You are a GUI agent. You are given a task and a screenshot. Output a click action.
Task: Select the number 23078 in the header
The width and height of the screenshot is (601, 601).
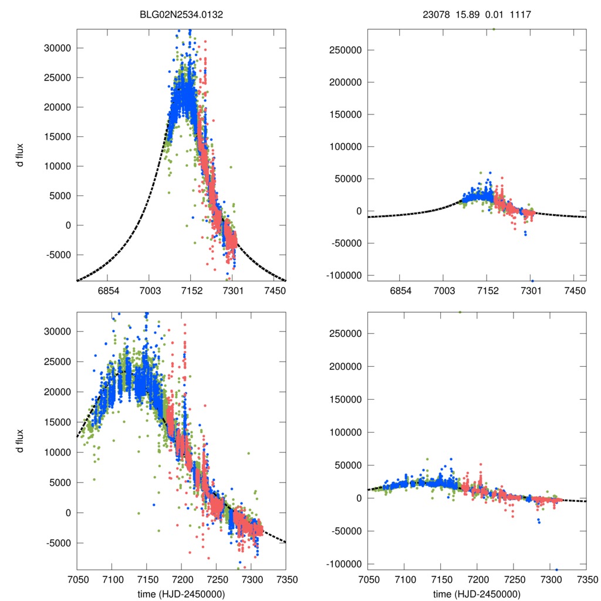[x=435, y=15]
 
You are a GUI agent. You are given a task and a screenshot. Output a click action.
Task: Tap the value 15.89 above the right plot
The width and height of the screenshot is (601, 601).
[x=468, y=15]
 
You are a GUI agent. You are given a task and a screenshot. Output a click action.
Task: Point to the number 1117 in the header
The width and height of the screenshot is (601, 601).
[x=521, y=15]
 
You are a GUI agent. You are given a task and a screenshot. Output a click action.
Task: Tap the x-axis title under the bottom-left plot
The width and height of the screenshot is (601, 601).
[x=181, y=594]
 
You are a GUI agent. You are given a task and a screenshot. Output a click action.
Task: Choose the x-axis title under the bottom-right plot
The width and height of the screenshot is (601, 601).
[x=477, y=594]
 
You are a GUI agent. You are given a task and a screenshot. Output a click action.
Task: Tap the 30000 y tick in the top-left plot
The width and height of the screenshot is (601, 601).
[x=58, y=48]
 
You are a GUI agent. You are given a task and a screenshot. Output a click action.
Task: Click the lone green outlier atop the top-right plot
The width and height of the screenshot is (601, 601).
[x=494, y=29]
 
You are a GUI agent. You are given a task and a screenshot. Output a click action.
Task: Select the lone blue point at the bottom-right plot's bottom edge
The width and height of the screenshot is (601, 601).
[x=556, y=569]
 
